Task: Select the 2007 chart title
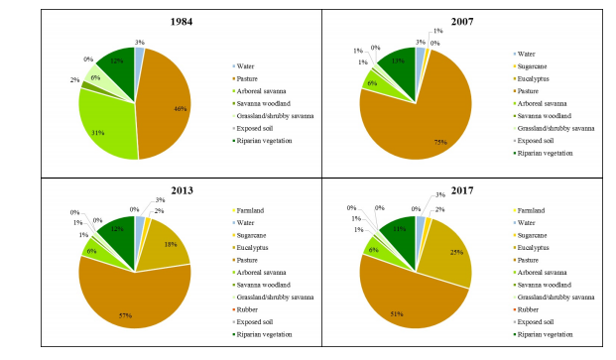463,21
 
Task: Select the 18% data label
170,243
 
